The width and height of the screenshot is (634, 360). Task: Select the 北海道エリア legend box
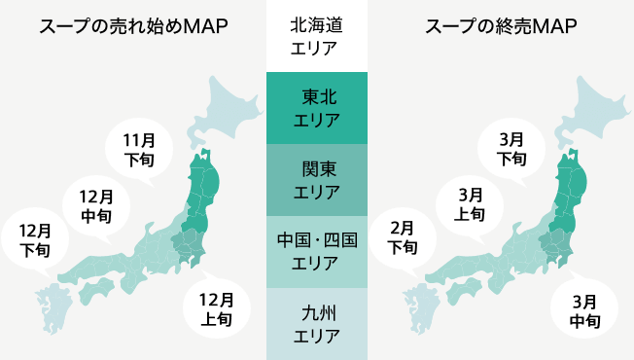tap(317, 36)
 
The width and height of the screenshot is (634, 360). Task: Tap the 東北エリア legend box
tap(317, 108)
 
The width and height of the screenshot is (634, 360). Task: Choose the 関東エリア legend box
tap(317, 180)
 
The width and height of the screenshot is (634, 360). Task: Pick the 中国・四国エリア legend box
tap(317, 252)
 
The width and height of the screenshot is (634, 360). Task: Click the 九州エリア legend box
tap(317, 324)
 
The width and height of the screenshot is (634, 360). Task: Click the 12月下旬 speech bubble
tap(35, 239)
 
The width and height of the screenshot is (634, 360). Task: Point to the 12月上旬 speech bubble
tap(215, 307)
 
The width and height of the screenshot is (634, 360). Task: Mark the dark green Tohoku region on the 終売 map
tap(573, 185)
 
